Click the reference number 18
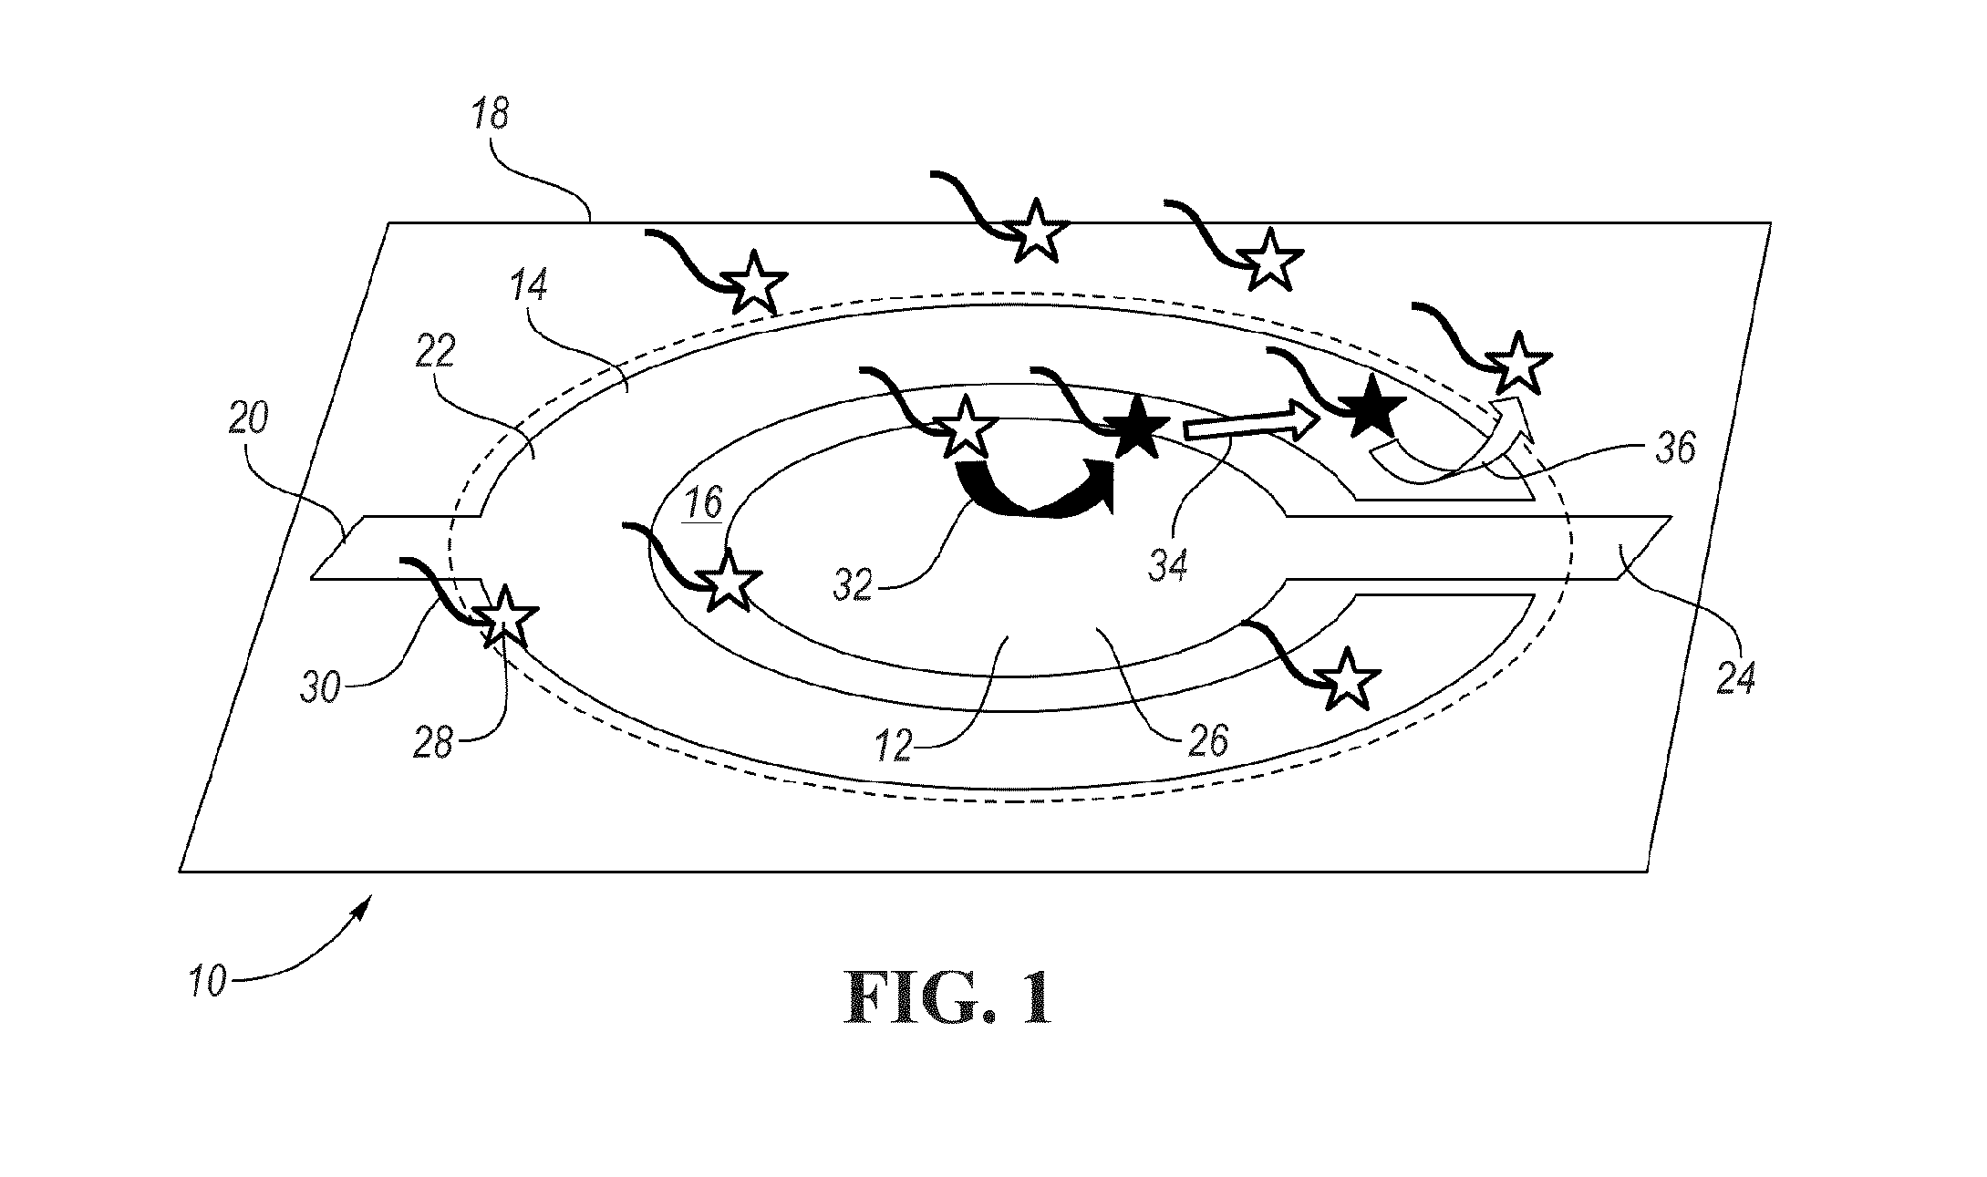(492, 117)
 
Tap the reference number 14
(529, 286)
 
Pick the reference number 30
(320, 687)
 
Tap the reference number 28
(432, 742)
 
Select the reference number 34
(1167, 567)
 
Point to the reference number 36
(1673, 449)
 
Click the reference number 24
(1735, 678)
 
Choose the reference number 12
(895, 745)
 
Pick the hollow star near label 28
(505, 616)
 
